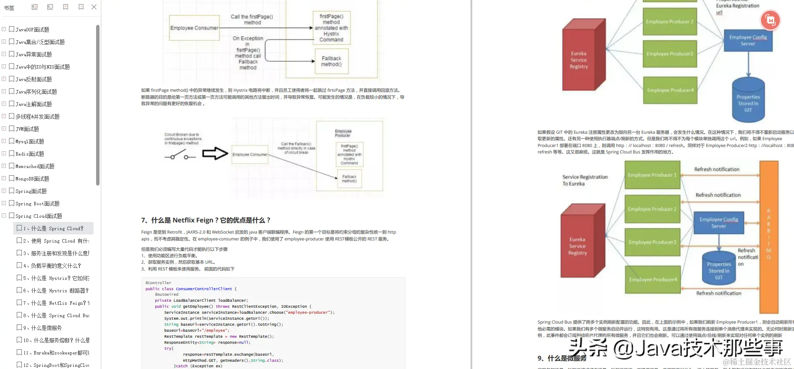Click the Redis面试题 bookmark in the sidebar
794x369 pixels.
coord(30,154)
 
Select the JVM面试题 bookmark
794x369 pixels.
coord(27,129)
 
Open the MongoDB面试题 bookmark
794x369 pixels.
coord(32,179)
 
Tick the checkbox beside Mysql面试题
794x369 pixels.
coord(12,141)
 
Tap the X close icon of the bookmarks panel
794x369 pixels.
coord(94,7)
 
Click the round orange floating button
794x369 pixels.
coord(770,20)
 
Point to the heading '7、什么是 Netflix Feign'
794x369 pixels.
coord(205,220)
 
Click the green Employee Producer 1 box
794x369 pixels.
coord(652,175)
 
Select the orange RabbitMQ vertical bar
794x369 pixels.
coord(769,237)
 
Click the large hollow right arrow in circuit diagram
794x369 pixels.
coord(215,153)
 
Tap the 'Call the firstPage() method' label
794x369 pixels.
coord(252,20)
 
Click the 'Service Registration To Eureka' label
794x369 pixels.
coord(585,180)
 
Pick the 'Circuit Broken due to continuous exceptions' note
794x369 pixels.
coord(183,138)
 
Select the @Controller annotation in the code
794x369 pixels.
coord(158,283)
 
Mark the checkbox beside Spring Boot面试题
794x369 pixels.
coord(12,203)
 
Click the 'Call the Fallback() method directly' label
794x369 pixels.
coord(296,148)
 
